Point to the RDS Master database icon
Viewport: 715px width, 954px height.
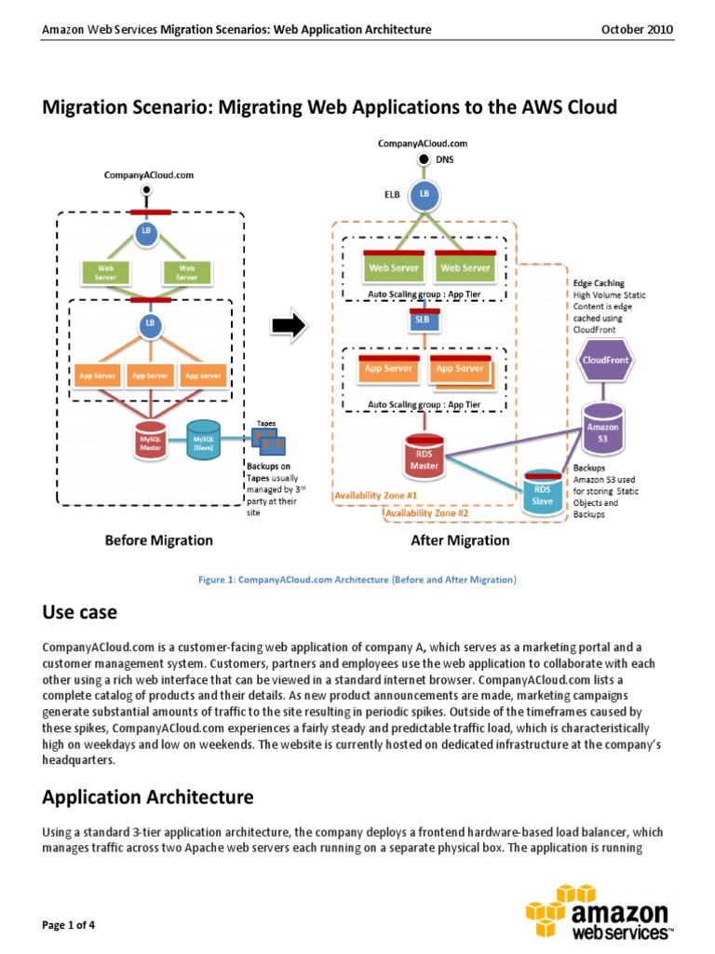tap(425, 454)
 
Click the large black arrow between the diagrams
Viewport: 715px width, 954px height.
tap(289, 325)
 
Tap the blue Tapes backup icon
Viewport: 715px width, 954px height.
tap(269, 444)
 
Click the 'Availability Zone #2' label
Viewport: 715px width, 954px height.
tap(427, 512)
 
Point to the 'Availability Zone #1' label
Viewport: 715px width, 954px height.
tap(376, 496)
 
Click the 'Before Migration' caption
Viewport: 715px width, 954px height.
tap(158, 540)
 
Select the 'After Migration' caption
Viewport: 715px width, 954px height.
tap(460, 540)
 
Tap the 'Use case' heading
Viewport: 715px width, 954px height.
tap(80, 612)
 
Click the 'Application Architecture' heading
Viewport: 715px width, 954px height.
tap(148, 797)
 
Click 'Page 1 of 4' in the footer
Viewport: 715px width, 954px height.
tap(69, 925)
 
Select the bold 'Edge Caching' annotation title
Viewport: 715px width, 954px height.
tap(599, 283)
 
